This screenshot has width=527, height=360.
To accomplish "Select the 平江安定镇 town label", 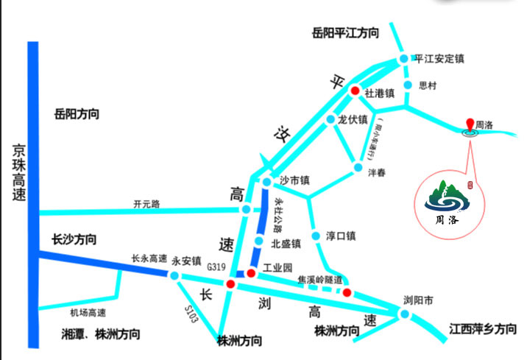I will pos(439,58).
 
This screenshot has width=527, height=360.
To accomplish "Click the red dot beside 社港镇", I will pos(354,91).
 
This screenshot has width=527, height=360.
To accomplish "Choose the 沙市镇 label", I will pos(294,180).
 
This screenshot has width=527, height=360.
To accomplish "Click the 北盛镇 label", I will pos(286,243).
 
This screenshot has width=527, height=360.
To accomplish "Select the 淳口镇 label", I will pos(340,236).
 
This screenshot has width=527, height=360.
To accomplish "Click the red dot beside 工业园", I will pos(251,273).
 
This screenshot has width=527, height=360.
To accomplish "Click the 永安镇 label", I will pos(186,261).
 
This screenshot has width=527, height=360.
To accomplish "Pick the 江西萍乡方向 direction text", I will pos(482,330).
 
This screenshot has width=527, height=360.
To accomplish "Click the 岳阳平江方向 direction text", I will pos(346,32).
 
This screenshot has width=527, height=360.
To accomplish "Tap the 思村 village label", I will pos(427,85).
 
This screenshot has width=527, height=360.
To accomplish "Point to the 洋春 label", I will pos(378,172).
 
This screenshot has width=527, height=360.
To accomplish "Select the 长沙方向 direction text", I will pos(74,240).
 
